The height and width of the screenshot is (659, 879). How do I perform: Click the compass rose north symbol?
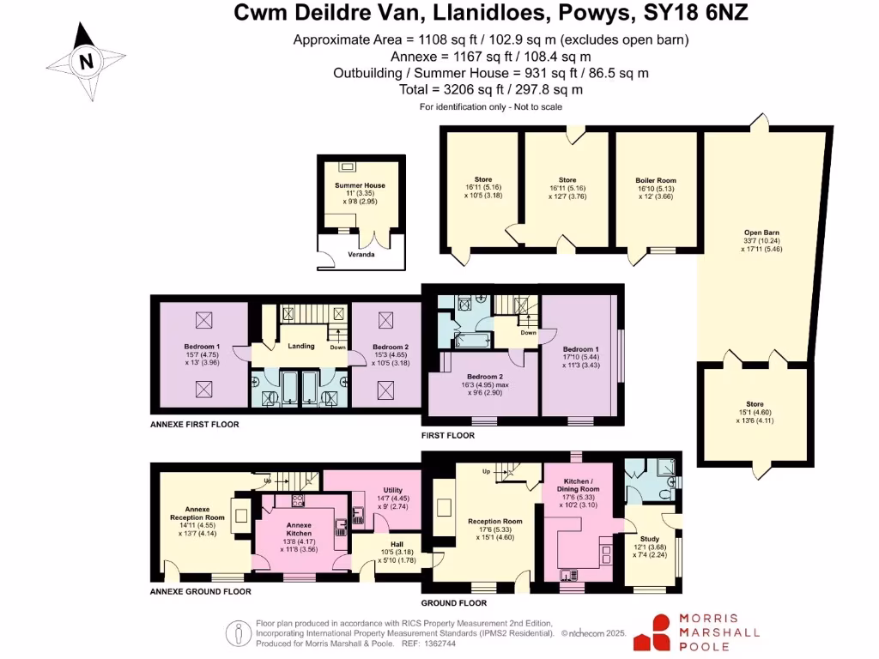point(85,61)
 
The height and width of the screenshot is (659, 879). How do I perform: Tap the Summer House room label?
point(360,185)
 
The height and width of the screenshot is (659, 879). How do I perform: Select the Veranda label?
point(361,255)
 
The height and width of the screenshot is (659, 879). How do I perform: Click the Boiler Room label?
point(656,180)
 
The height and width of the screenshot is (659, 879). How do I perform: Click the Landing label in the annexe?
point(301,347)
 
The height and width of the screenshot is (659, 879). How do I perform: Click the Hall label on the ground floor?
point(397,543)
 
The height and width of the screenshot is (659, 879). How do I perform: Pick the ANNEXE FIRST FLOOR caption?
point(194,424)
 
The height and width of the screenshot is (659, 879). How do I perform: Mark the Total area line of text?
point(491,89)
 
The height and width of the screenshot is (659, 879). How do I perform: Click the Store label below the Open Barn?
point(755,404)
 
